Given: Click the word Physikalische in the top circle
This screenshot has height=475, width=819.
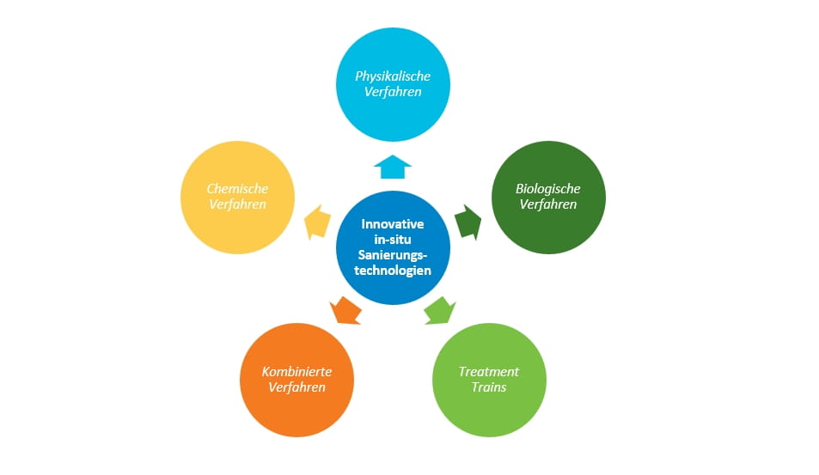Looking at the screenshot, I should (393, 76).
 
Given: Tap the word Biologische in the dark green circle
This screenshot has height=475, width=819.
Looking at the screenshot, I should (547, 189).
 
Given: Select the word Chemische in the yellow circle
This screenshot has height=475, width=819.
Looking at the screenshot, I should (237, 189).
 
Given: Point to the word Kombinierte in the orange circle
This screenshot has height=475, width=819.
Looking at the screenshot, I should (296, 372).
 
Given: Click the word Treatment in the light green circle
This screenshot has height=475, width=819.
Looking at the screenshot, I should (488, 372).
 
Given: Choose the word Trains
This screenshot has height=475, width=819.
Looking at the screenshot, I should (488, 387).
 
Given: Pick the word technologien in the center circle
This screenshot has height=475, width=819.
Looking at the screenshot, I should (393, 270).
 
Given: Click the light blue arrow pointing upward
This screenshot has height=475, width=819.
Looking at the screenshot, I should (393, 165).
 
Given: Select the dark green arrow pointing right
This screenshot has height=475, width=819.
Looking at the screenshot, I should (468, 221).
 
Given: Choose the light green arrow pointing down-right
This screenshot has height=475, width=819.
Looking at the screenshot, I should (439, 309).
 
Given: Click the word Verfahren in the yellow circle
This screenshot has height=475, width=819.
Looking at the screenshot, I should (237, 204).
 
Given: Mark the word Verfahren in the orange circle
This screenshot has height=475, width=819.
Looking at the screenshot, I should (296, 387).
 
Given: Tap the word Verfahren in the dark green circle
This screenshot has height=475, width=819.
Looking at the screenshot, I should (547, 204).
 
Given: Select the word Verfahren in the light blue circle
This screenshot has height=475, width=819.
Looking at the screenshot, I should (393, 92).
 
